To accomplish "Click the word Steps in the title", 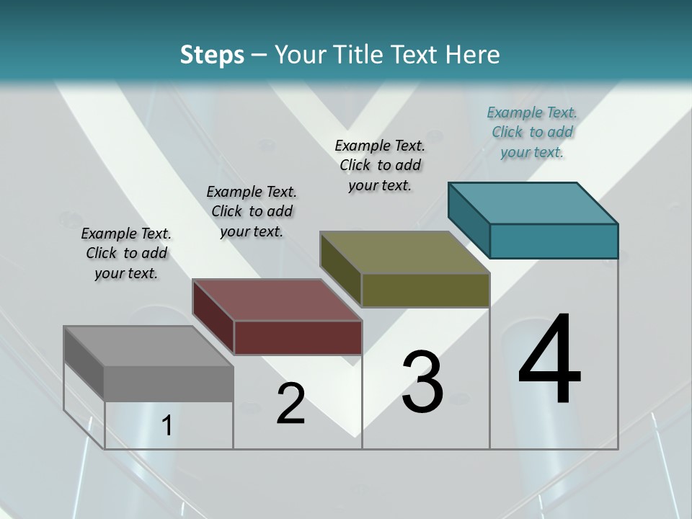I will [212, 55].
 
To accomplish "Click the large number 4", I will [550, 360].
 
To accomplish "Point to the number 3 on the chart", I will [422, 383].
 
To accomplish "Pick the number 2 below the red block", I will [290, 404].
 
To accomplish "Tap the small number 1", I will [167, 426].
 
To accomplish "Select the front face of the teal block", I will [554, 241].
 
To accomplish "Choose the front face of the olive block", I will [425, 290].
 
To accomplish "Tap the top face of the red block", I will [277, 300].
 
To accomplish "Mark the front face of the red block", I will [298, 337].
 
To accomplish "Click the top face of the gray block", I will [148, 346].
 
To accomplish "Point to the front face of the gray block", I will [169, 383].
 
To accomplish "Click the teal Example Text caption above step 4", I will [532, 132].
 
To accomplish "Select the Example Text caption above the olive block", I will [380, 165].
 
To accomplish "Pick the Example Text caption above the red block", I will [252, 211].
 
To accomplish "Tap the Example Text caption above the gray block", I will [126, 253].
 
